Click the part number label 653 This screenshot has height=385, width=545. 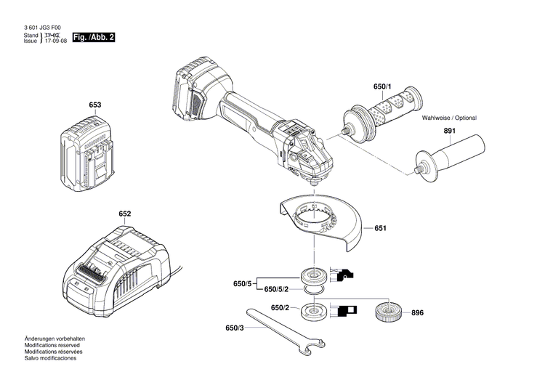[x=95, y=105]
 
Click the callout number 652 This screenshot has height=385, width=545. [x=125, y=214]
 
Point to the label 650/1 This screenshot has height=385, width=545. [x=382, y=86]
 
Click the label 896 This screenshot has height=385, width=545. [x=416, y=313]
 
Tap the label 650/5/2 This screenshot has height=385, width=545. [x=275, y=290]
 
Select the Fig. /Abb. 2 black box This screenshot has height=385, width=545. [x=94, y=37]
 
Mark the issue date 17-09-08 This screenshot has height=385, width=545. [x=57, y=41]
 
